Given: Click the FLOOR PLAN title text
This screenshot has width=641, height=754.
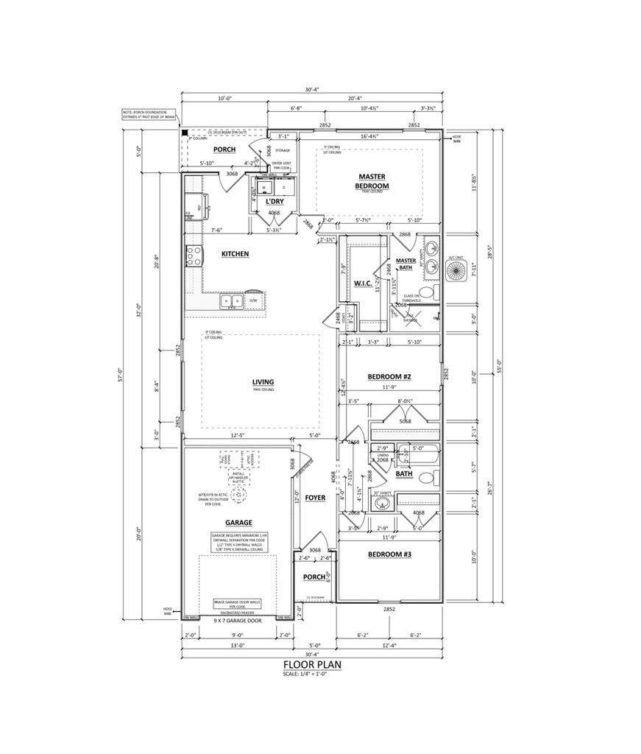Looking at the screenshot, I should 312,663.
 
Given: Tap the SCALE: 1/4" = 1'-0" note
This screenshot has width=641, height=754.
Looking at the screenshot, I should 312,673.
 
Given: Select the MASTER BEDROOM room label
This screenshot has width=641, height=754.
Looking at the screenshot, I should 372,181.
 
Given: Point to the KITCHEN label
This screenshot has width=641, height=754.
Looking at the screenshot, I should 235,254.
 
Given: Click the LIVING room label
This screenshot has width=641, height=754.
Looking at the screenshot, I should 263,382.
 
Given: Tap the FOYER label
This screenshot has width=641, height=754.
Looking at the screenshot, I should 315,498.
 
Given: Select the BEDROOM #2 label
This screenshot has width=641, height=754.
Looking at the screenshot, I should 389,377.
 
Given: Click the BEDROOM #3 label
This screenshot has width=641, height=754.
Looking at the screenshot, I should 389,554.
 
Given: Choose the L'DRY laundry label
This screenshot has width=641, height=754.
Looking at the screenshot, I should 275,201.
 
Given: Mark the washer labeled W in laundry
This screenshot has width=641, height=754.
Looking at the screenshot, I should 263,188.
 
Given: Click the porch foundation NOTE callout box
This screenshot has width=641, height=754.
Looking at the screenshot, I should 149,114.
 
